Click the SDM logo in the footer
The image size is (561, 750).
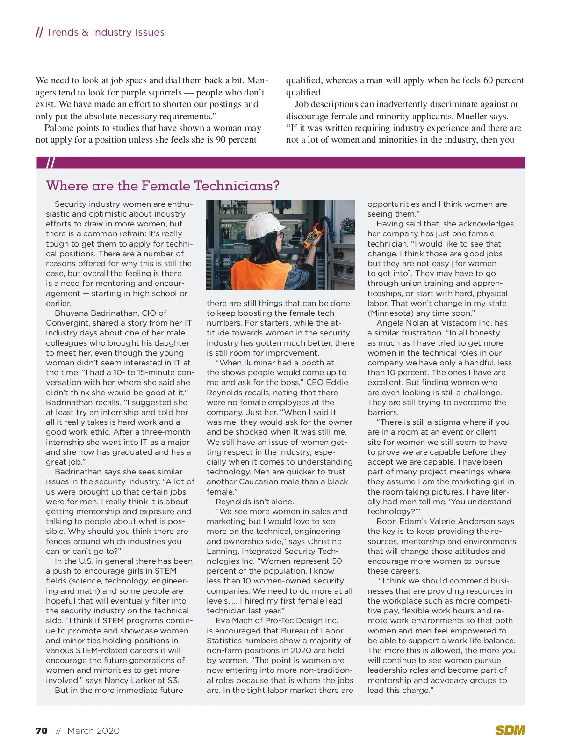click(510, 730)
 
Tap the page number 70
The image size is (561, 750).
click(42, 731)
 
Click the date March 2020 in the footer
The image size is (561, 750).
click(93, 731)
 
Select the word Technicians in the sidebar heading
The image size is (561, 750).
click(237, 186)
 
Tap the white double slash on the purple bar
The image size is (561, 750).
click(50, 163)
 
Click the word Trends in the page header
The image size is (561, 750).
click(62, 32)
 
